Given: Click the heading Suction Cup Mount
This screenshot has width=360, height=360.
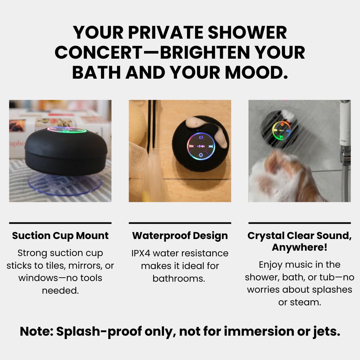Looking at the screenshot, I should tap(60, 236).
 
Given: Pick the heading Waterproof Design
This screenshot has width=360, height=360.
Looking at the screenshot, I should tap(180, 236).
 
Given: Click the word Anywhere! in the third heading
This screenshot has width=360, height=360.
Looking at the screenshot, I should tap(299, 248).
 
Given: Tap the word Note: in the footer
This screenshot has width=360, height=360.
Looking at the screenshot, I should tap(36, 331).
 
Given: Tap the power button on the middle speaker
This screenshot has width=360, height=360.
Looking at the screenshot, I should tap(201, 155).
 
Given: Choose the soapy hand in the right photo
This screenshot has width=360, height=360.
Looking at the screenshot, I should tap(283, 177).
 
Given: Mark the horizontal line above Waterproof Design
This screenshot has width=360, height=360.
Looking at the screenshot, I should tap(180, 223).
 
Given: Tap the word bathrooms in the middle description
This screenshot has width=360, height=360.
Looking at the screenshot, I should tap(179, 278).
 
